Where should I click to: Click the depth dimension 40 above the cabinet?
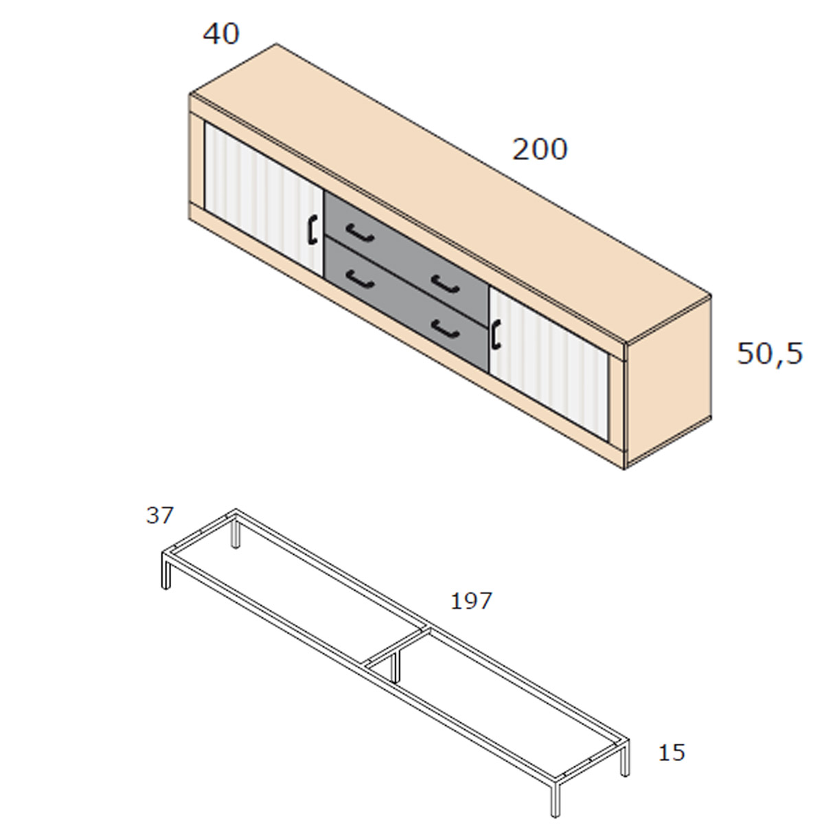[221, 34]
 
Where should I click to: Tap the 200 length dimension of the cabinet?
[540, 150]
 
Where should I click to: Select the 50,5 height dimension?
[770, 354]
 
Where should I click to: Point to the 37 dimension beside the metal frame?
[159, 515]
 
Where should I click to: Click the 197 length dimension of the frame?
[471, 601]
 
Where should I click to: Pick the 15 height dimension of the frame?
[672, 753]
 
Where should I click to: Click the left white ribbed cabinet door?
[264, 199]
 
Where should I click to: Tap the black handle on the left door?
[312, 230]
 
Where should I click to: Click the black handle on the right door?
[496, 335]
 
